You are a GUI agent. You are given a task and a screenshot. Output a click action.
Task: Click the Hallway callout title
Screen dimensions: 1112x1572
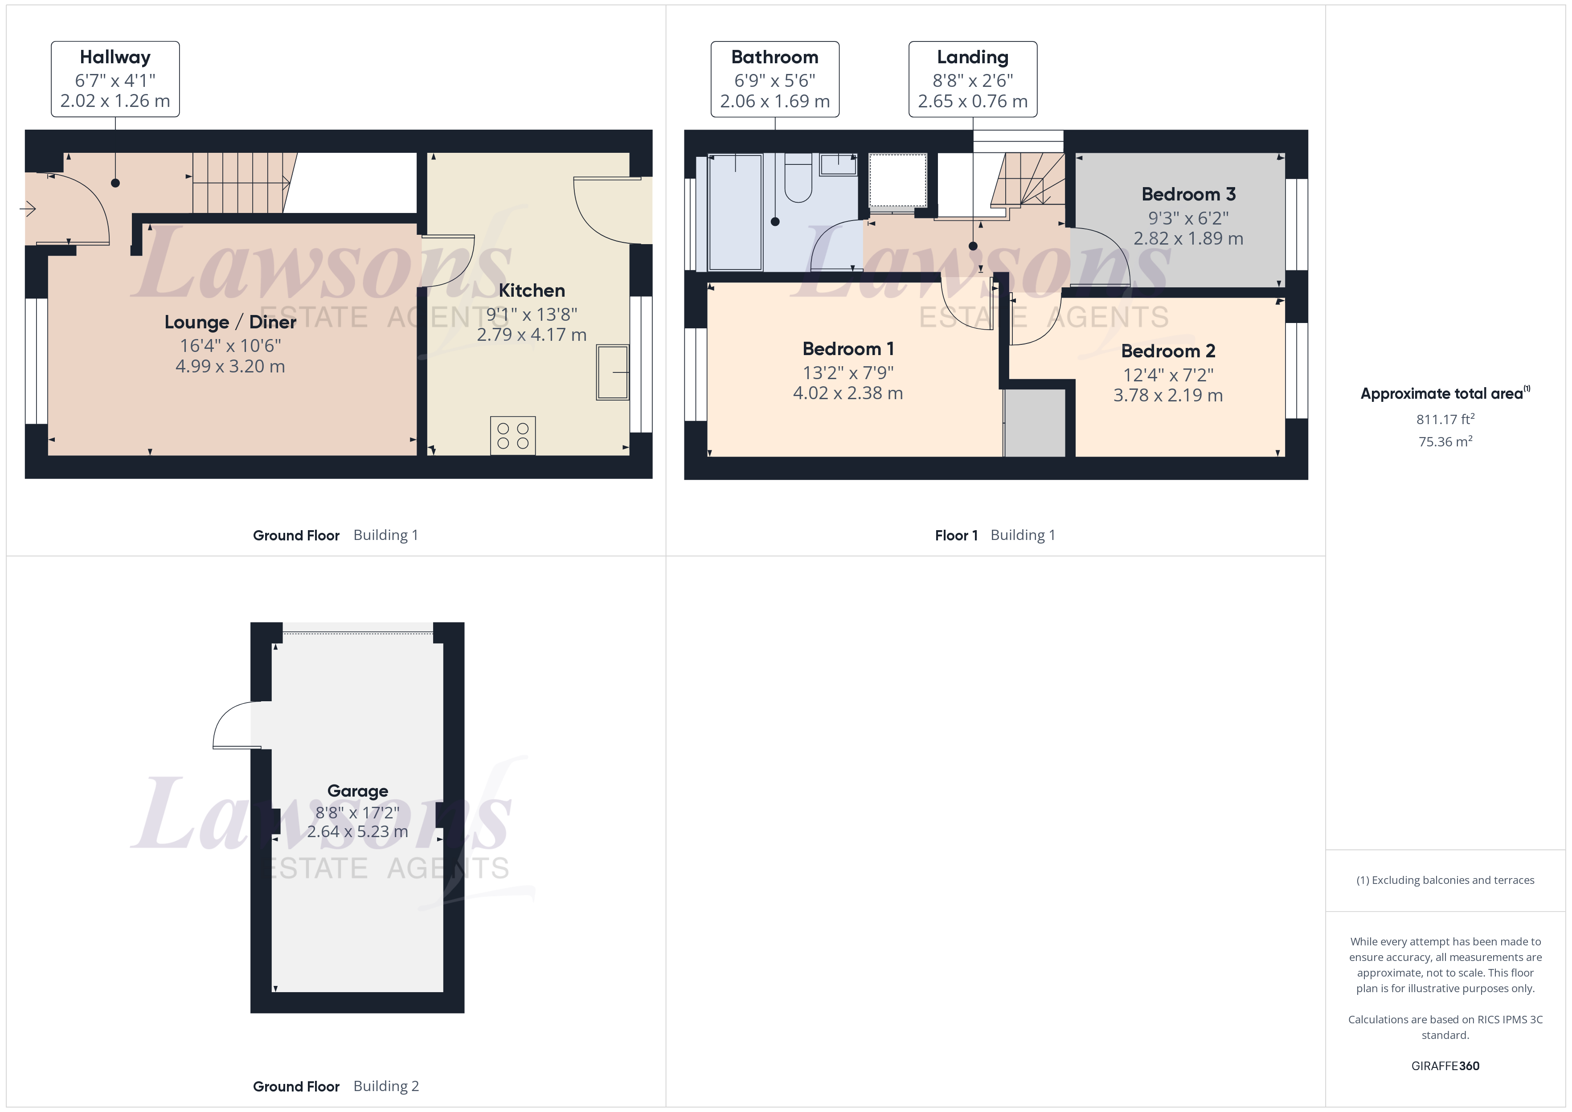115,57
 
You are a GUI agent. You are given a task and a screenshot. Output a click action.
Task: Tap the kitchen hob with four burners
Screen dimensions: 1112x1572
513,435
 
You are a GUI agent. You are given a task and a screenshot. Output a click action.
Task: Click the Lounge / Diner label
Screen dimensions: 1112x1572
230,323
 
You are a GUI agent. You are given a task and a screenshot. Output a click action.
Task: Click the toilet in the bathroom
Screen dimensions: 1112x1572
798,180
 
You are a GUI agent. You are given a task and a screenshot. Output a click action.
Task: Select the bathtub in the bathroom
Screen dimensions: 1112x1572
735,212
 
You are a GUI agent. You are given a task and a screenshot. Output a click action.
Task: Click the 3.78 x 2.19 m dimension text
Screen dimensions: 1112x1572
1167,396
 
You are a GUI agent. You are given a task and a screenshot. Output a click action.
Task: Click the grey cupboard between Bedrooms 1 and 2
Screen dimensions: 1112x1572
1035,422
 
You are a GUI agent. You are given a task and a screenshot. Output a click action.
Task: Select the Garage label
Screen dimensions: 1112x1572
357,791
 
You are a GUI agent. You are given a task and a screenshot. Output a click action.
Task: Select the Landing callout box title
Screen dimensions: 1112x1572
972,57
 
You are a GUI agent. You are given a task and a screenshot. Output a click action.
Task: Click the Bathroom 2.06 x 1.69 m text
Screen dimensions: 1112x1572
774,101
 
